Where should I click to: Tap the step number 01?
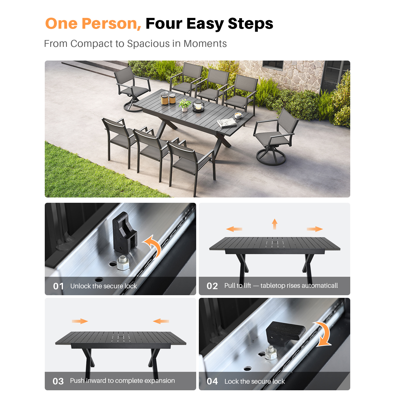click(x=58, y=286)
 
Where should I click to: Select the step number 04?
click(x=212, y=381)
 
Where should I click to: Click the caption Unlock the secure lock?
click(x=103, y=286)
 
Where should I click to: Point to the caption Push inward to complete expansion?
click(x=122, y=381)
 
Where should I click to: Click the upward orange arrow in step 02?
click(x=275, y=224)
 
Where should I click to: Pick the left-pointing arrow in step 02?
click(x=234, y=229)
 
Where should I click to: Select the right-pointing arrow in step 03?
click(x=80, y=321)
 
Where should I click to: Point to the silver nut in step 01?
click(x=123, y=263)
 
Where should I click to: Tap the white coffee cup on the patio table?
click(x=239, y=115)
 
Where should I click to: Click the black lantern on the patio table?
click(x=198, y=106)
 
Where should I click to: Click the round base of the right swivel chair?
click(x=271, y=157)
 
